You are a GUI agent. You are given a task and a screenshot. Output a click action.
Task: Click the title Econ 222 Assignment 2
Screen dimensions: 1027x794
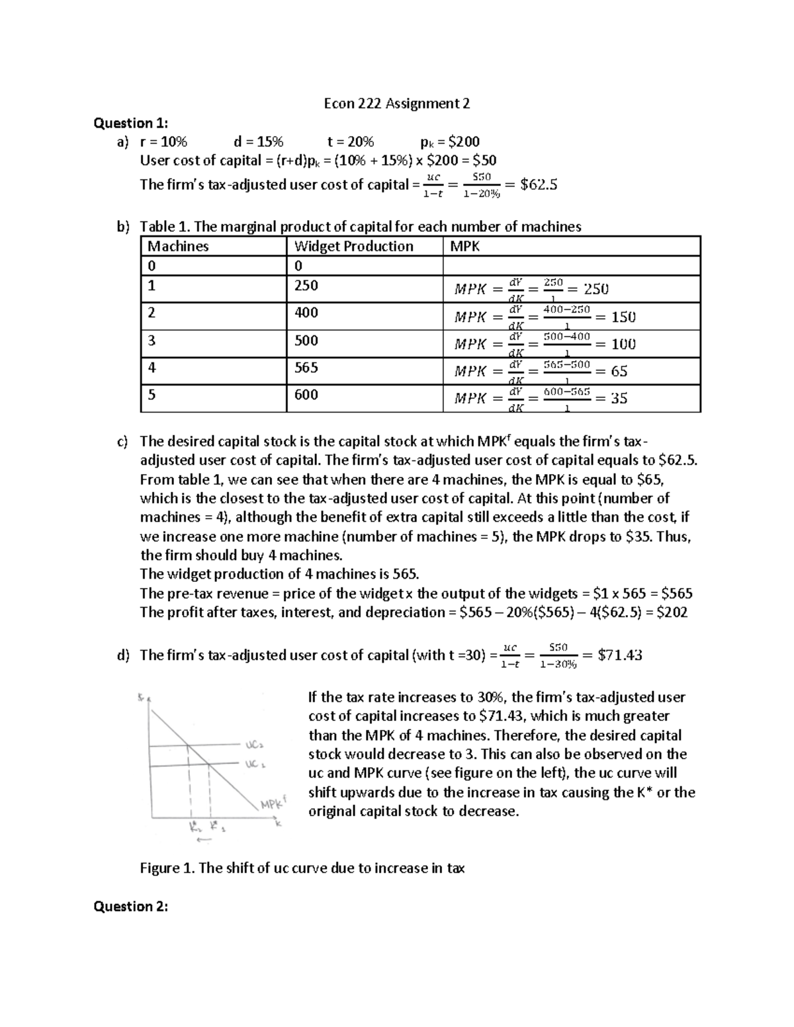[396, 103]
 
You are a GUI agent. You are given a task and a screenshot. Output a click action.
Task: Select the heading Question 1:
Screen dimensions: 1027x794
[131, 122]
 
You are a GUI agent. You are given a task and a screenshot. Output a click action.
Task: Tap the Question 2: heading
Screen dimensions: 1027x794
[131, 906]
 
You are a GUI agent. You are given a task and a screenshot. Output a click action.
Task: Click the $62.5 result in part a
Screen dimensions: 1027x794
[539, 185]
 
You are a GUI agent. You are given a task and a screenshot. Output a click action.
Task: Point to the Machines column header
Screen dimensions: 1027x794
[178, 246]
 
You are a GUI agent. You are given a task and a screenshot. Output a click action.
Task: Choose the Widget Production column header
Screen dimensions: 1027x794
[353, 246]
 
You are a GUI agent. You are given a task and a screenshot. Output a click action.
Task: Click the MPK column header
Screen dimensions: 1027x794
[464, 246]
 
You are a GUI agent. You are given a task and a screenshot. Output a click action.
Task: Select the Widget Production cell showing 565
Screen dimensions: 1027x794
[306, 367]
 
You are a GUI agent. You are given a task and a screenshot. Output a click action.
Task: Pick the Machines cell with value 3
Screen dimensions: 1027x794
[152, 340]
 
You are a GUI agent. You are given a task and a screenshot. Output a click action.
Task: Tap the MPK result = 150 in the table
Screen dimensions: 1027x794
[623, 317]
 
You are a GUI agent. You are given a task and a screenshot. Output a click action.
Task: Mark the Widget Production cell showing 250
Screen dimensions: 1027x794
[306, 285]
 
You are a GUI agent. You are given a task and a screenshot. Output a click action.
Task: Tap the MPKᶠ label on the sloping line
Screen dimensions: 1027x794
[272, 804]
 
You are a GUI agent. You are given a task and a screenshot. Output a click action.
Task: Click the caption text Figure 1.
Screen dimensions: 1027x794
[302, 868]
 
